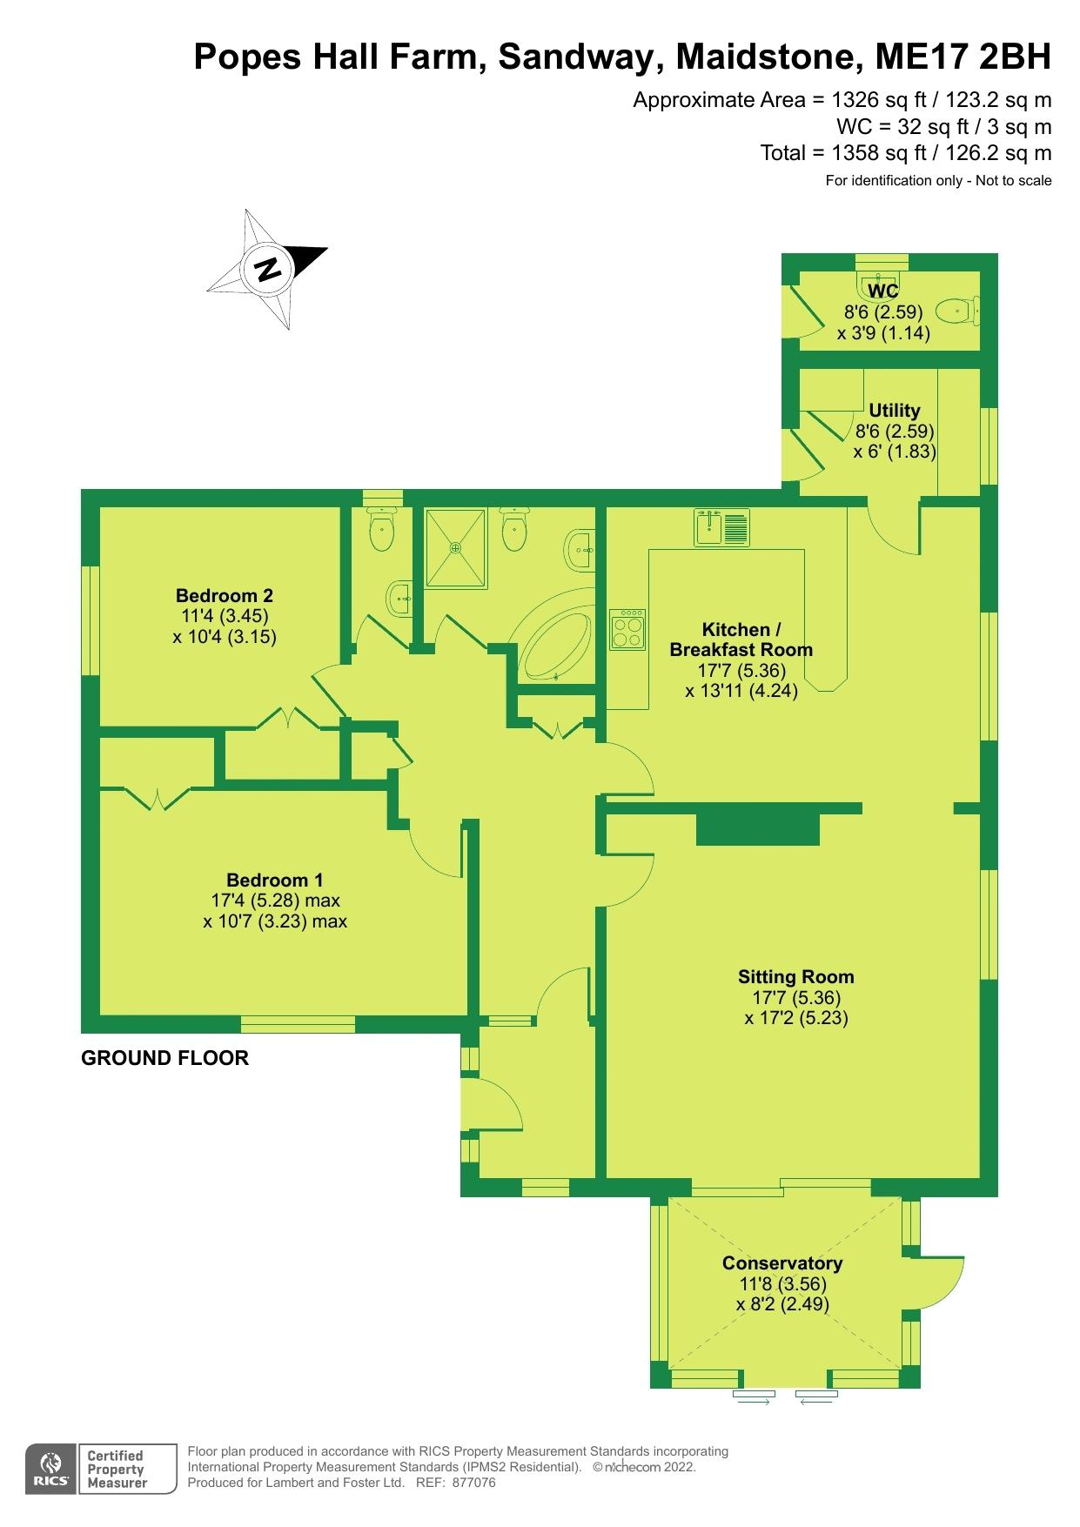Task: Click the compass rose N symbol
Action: (267, 268)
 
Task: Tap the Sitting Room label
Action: (795, 976)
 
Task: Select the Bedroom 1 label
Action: (274, 880)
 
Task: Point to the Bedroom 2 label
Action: (224, 596)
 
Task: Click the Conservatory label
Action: (782, 1263)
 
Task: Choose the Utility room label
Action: (894, 411)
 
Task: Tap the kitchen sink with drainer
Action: (722, 527)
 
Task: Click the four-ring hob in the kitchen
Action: (627, 629)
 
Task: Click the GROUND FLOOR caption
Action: (164, 1058)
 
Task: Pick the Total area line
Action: (906, 153)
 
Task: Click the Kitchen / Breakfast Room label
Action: (741, 640)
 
